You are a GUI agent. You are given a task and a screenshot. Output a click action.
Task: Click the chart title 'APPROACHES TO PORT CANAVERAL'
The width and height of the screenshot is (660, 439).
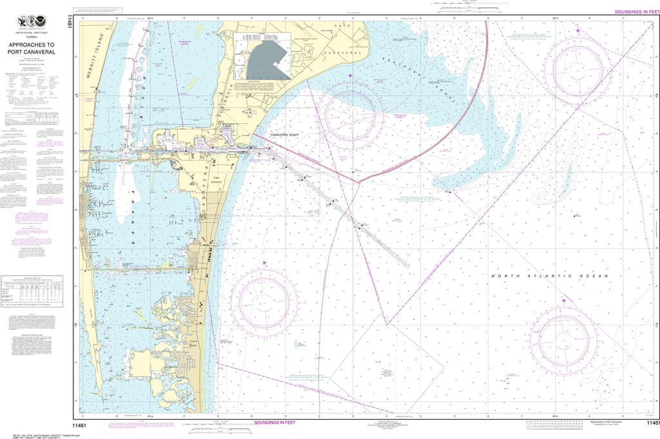[x=32, y=49]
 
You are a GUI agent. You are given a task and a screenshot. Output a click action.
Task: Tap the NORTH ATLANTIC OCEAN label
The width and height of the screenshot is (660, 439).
[x=550, y=276]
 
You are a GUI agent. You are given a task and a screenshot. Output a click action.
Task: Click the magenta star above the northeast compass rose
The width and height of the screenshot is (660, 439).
[x=578, y=30]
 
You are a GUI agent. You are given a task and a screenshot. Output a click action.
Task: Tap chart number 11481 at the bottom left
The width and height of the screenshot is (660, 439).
[x=79, y=424]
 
